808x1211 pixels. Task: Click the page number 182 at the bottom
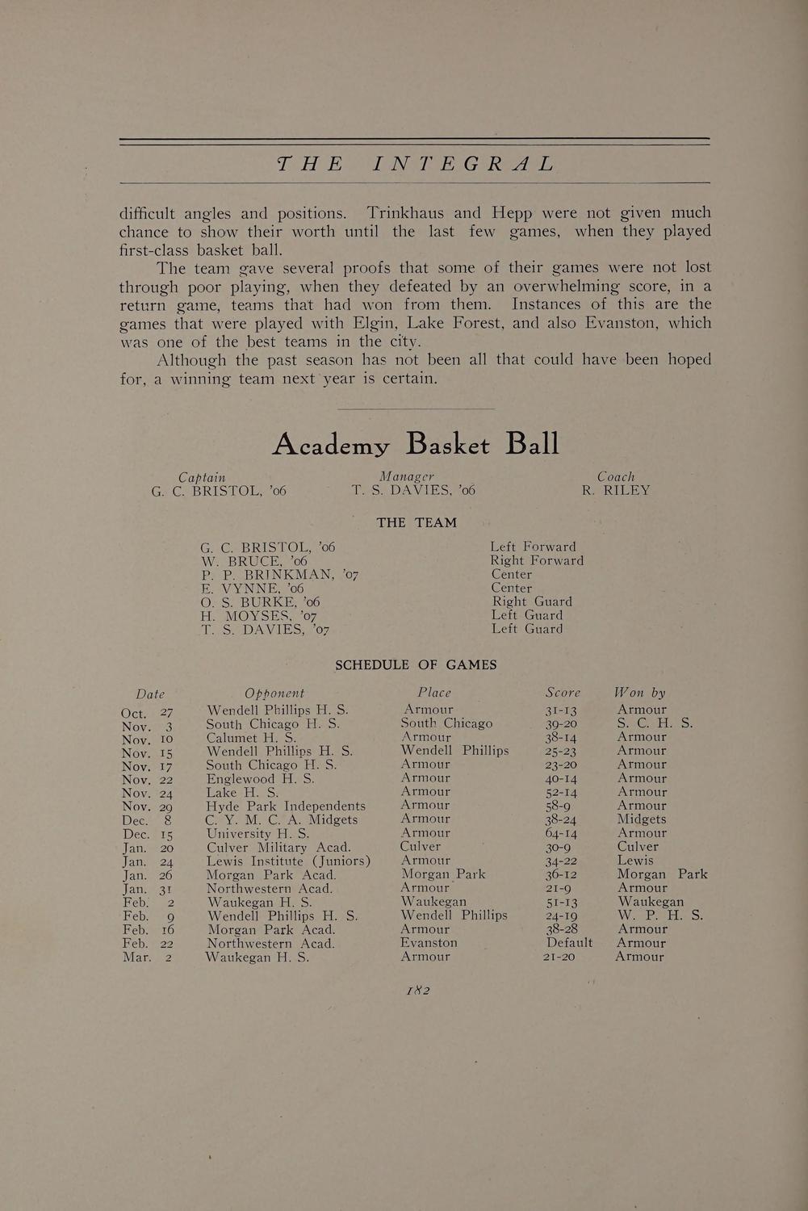[417, 990]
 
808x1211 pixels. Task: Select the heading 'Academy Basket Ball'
[415, 443]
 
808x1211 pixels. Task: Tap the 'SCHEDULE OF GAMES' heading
[416, 664]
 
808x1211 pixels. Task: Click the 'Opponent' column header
[274, 693]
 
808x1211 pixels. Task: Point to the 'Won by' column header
[639, 692]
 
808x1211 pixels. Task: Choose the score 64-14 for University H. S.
[561, 833]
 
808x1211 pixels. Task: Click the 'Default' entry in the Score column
[569, 942]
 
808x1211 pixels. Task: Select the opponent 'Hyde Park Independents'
[286, 806]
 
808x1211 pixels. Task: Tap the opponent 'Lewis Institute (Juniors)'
[288, 861]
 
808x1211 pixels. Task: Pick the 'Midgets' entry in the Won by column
[641, 819]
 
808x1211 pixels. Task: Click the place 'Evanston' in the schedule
[429, 942]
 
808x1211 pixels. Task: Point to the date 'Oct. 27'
[146, 712]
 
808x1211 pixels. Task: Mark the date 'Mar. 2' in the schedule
[147, 957]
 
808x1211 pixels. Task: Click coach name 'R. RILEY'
[615, 490]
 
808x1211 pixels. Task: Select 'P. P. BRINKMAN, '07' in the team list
[279, 575]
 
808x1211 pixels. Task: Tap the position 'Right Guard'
[532, 601]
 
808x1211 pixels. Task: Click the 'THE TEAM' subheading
[417, 522]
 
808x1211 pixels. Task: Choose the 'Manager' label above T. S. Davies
[407, 476]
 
